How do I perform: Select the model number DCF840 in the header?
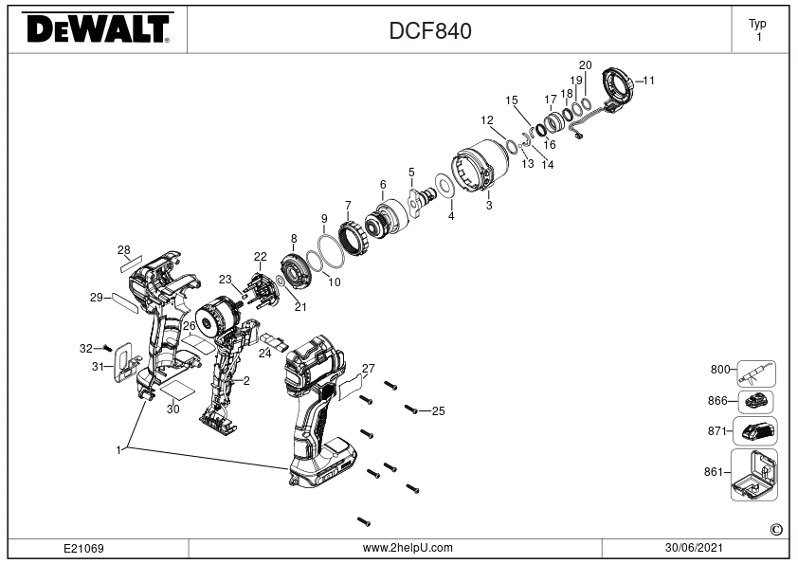pos(430,30)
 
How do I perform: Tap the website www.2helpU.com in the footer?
pos(408,548)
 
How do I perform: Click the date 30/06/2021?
pos(694,548)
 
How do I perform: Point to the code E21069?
pos(83,548)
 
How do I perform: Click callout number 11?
pos(648,81)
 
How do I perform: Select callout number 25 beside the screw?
pos(438,410)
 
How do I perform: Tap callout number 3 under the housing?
pos(489,206)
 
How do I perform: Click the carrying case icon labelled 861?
pos(754,474)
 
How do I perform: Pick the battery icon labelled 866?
pos(755,402)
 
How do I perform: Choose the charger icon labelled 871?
pos(755,431)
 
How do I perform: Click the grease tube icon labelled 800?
pos(756,374)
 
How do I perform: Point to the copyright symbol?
pos(776,530)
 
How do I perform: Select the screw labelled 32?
pos(107,348)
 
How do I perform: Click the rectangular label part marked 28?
pos(131,264)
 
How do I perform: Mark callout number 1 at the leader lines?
pos(118,450)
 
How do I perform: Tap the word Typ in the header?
pos(757,24)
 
